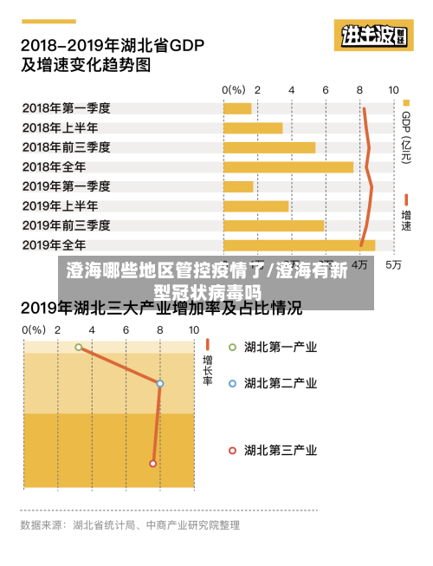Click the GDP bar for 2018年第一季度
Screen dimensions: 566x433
[237, 108]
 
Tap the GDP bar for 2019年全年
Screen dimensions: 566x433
[299, 244]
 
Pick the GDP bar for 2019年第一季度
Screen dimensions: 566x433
[238, 186]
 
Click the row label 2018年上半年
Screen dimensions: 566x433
[60, 127]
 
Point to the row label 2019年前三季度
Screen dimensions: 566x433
[66, 225]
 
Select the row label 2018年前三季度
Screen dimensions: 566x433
[66, 147]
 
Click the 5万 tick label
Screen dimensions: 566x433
[393, 264]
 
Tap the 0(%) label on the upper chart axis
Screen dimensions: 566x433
[234, 89]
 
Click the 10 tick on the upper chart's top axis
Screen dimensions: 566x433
[393, 89]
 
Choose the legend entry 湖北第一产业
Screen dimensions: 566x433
[279, 348]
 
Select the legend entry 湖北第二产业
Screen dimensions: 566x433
[279, 382]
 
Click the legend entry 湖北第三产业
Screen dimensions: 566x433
[279, 450]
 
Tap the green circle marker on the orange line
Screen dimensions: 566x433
[79, 348]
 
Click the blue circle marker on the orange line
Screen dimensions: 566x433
[160, 383]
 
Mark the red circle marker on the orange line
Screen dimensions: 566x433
[153, 463]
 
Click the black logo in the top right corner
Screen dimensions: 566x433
[374, 36]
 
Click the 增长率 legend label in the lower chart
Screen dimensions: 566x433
[208, 370]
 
